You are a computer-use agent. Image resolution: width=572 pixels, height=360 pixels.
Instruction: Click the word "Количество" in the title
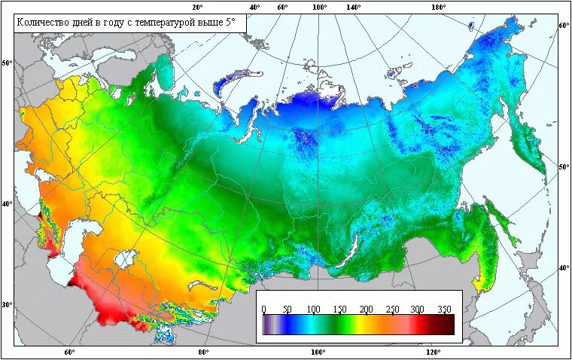44,23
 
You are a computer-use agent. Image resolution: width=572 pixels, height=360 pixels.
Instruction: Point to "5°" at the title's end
230,23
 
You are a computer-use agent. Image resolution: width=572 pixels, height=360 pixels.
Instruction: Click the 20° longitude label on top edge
198,7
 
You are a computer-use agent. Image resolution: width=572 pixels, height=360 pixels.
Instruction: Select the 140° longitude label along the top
354,7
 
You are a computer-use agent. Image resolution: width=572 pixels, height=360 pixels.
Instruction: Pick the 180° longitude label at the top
438,7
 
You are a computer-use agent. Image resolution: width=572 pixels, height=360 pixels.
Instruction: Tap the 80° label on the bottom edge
203,352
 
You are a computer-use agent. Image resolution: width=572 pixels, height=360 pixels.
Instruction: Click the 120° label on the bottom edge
432,352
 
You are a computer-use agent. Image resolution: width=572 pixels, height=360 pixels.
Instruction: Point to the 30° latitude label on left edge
7,305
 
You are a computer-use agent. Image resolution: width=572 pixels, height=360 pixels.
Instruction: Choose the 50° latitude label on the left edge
7,63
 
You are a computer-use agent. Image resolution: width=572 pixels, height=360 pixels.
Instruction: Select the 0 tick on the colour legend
263,310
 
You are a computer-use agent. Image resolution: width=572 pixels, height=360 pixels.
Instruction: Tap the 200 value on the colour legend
366,310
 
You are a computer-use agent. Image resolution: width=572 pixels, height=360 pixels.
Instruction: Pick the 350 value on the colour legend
444,310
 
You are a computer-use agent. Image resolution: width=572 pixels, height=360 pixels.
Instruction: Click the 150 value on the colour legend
340,310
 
